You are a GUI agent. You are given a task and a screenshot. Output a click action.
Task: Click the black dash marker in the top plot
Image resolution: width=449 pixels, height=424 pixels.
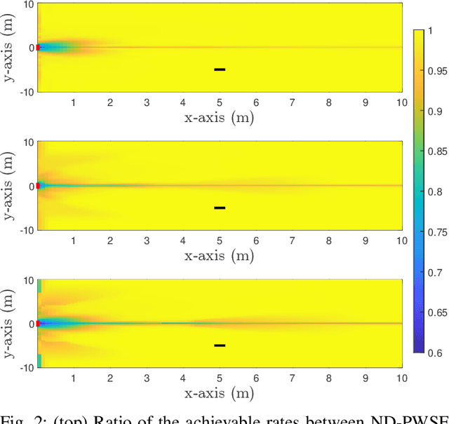pyautogui.click(x=220, y=69)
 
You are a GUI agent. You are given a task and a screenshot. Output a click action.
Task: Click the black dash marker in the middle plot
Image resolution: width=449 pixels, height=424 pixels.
pyautogui.click(x=220, y=207)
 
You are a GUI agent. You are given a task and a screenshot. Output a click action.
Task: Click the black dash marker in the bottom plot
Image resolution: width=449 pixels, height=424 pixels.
pyautogui.click(x=220, y=345)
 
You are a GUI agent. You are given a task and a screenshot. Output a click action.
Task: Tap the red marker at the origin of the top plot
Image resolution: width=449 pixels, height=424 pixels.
pyautogui.click(x=38, y=48)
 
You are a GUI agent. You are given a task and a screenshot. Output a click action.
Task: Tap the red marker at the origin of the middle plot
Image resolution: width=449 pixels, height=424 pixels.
pyautogui.click(x=38, y=186)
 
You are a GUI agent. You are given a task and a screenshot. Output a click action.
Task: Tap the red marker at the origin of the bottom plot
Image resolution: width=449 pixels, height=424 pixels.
pyautogui.click(x=38, y=324)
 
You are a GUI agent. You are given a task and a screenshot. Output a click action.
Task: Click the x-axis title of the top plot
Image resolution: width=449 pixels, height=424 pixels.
pyautogui.click(x=219, y=117)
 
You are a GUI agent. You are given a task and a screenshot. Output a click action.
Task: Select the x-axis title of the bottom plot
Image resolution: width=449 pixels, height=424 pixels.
pyautogui.click(x=219, y=393)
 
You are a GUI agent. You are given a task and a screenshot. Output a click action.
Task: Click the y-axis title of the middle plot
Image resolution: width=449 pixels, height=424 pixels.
pyautogui.click(x=9, y=186)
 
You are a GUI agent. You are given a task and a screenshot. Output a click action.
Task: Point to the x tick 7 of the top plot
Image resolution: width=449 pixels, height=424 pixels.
pyautogui.click(x=293, y=102)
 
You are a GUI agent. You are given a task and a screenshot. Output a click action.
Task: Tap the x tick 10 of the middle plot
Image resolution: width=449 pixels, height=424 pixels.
pyautogui.click(x=401, y=240)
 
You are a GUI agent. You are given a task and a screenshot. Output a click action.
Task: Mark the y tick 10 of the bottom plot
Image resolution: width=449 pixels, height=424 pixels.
pyautogui.click(x=27, y=280)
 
